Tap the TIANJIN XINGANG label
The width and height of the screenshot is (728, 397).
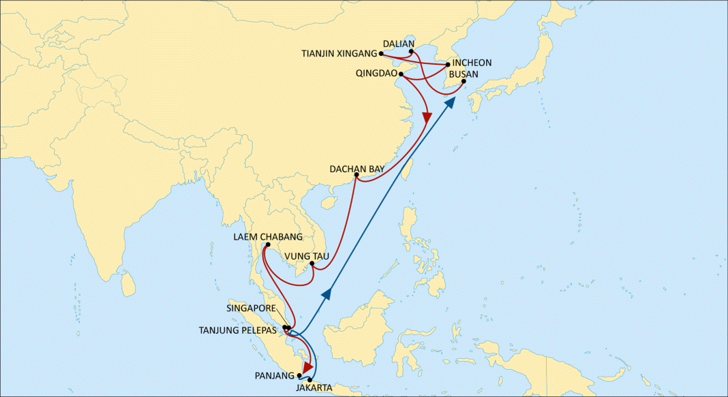[x=339, y=53]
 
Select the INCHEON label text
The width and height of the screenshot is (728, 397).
[x=472, y=63]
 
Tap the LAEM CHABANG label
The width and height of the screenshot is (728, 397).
[x=267, y=237]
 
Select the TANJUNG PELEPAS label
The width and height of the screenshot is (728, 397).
[x=238, y=330]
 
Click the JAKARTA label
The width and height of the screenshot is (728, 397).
[x=314, y=387]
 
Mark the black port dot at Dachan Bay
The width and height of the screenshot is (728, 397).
[x=357, y=175]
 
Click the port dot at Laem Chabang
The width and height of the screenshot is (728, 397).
[x=268, y=245]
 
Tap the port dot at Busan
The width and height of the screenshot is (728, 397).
[x=464, y=82]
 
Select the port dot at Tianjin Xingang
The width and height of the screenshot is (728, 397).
[x=382, y=53]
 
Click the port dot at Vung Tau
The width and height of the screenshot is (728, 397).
[x=311, y=264]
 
